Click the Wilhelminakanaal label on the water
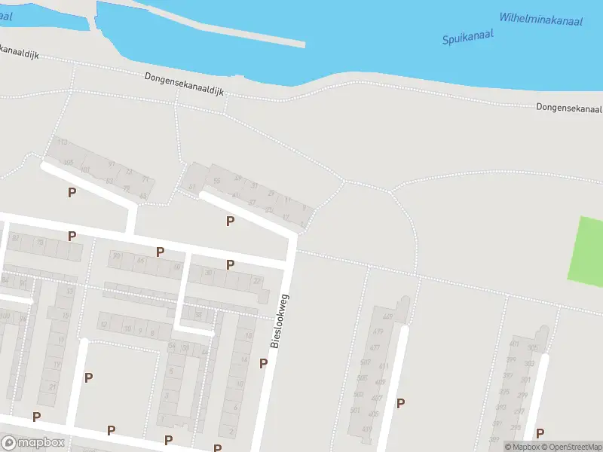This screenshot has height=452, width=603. (x=541, y=20)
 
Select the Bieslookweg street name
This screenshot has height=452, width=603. (x=280, y=321)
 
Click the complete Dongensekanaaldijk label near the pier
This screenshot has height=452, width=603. (x=185, y=84)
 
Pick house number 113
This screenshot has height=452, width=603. (x=63, y=142)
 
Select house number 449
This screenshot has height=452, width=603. (x=388, y=316)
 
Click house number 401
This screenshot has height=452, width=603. (x=515, y=344)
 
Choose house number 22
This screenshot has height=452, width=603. (x=257, y=281)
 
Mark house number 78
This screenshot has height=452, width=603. (x=40, y=242)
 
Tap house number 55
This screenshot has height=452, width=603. (x=217, y=182)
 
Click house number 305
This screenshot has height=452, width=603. (x=533, y=347)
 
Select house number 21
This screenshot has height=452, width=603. (x=52, y=386)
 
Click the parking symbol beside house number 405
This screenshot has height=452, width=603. (x=400, y=403)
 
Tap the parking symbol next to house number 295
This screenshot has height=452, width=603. (x=540, y=433)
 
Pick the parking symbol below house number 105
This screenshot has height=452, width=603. (x=72, y=192)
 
